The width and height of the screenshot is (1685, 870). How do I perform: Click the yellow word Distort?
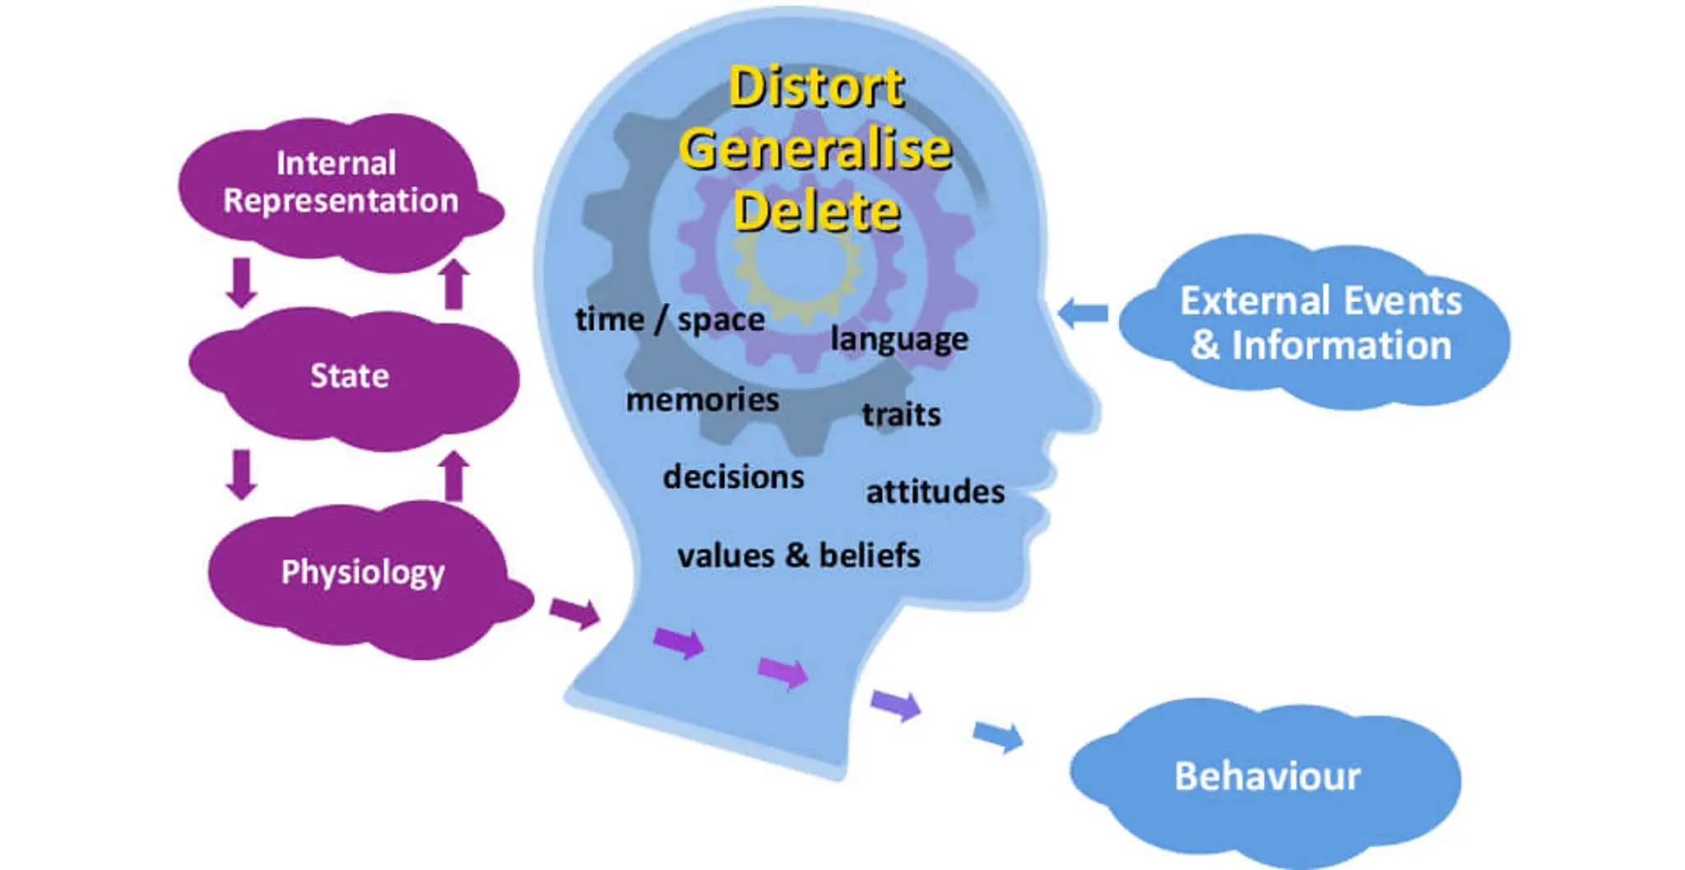coord(816,87)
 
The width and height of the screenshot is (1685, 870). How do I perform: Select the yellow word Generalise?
coord(815,150)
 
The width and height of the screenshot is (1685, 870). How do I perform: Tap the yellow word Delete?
coord(816,212)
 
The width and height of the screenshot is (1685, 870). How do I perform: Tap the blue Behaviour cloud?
coord(1267,776)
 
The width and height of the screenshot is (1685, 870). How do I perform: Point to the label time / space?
coord(670,319)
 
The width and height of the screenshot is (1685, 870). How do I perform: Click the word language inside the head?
coord(899,339)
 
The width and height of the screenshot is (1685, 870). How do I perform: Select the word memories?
coord(702,400)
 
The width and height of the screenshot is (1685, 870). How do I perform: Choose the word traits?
coord(901,414)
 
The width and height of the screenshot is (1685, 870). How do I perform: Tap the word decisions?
coord(733,477)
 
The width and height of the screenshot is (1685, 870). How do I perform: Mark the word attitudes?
coord(935,492)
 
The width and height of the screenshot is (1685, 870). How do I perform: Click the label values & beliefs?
coord(798,556)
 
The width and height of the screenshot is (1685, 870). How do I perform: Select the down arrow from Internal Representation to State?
coord(241,282)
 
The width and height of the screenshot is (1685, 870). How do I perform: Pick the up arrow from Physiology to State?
coord(453,476)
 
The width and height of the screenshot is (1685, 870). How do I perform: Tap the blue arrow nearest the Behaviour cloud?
coord(999,735)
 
